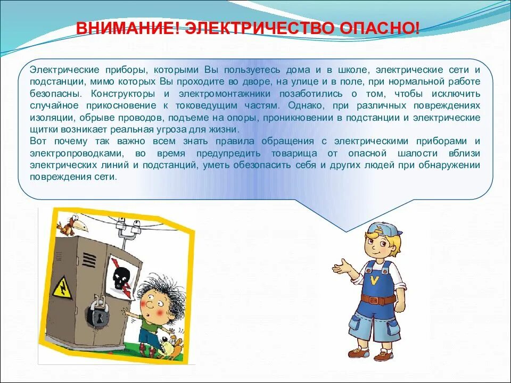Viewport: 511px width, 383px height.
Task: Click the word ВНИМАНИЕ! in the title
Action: (127, 28)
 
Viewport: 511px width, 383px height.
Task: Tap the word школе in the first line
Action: (353, 70)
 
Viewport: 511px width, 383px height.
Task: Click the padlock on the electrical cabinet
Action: (99, 314)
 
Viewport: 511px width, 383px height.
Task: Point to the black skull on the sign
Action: (121, 276)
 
